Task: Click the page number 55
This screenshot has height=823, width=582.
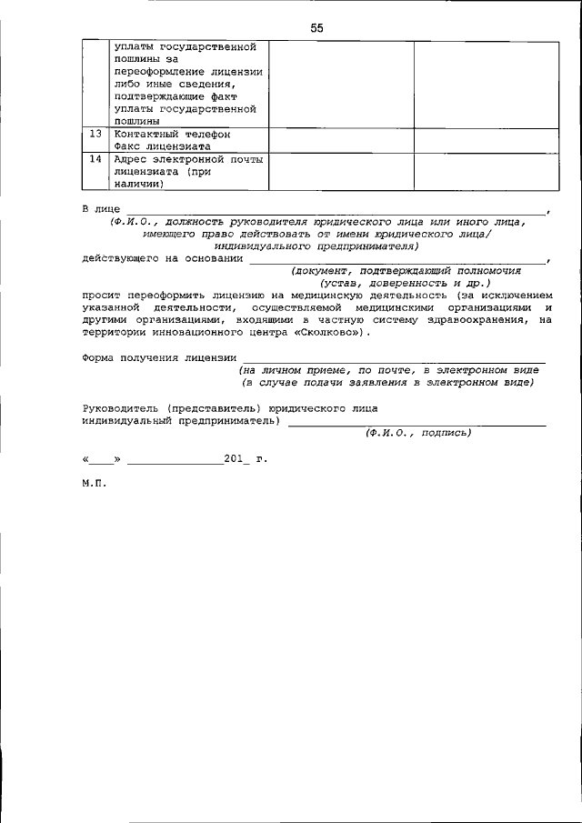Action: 316,27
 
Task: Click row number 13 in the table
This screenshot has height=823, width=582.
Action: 95,134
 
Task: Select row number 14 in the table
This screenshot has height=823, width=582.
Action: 95,159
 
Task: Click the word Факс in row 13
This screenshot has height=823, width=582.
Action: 129,146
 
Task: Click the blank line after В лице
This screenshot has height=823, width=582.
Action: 336,213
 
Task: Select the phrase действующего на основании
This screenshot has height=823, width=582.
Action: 161,259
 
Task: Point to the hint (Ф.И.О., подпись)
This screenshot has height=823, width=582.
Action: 417,434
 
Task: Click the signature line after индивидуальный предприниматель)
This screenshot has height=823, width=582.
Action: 417,425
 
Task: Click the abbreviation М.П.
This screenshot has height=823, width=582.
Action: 94,485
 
